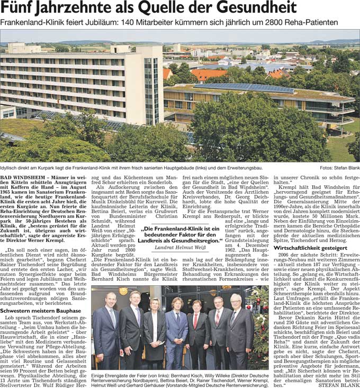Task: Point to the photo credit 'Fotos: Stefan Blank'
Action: click(339, 168)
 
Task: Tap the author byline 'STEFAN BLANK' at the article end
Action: click(341, 385)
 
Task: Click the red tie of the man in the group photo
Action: click(196, 321)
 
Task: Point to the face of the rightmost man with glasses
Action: click(235, 300)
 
